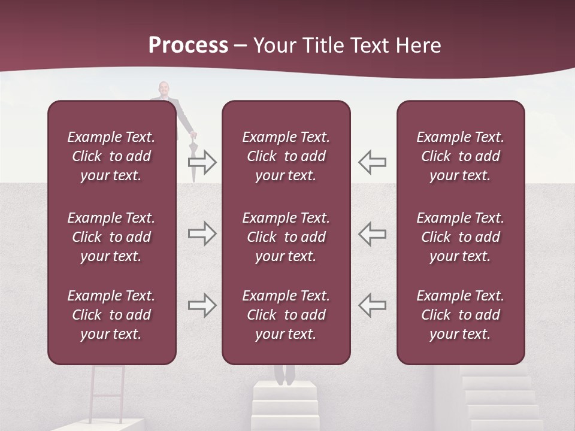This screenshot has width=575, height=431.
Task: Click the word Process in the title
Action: click(x=188, y=45)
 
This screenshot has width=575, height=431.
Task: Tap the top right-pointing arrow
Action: click(x=202, y=162)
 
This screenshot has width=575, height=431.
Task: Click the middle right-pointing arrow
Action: click(x=202, y=233)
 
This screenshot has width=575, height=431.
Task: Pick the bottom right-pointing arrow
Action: click(x=202, y=305)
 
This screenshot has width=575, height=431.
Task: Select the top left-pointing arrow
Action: click(x=373, y=162)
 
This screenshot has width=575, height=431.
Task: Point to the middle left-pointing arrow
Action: click(x=373, y=233)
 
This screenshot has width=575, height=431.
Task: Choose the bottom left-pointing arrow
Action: click(x=373, y=305)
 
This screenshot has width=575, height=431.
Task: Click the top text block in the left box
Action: click(x=111, y=156)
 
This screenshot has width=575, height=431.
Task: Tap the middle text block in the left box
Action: click(x=111, y=237)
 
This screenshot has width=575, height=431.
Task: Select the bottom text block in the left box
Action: click(x=111, y=315)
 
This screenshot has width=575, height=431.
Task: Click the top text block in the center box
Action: click(x=286, y=156)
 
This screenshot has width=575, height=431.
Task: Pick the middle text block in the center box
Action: click(x=286, y=237)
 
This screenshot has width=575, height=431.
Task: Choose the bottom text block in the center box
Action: click(x=286, y=315)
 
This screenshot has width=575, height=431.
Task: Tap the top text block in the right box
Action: click(x=460, y=156)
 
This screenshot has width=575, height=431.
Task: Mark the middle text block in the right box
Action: click(x=460, y=237)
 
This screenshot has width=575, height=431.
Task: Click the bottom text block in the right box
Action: click(x=460, y=315)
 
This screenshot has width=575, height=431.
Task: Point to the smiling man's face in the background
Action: click(x=164, y=90)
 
